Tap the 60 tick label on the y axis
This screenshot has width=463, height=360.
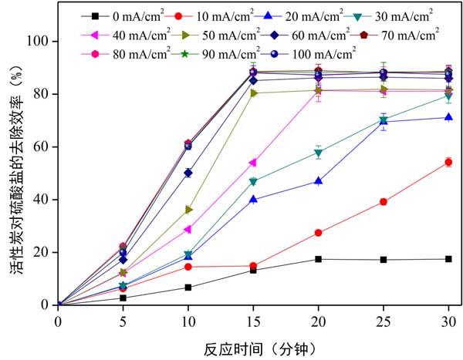pos(42,146)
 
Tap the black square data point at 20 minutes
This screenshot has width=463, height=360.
pos(318,259)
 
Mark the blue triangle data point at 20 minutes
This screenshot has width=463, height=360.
pos(318,181)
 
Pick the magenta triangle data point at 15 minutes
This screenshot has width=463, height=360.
pos(252,163)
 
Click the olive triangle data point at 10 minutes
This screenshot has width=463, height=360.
pos(188,210)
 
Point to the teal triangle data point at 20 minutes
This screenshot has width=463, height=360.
pos(318,153)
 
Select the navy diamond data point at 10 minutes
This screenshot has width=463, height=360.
pos(188,173)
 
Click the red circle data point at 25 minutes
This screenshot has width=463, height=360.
pos(383,202)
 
